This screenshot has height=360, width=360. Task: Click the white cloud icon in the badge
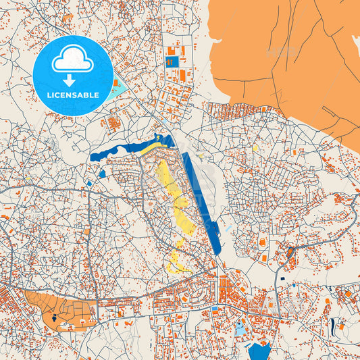(73, 61)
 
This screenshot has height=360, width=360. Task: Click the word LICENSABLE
(73, 95)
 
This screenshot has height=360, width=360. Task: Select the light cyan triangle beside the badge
(118, 88)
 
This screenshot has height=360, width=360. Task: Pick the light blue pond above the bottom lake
(240, 329)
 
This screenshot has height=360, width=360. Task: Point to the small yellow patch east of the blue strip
(255, 147)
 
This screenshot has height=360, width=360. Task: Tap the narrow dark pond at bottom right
(332, 328)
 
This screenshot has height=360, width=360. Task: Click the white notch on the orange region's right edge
(356, 42)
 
